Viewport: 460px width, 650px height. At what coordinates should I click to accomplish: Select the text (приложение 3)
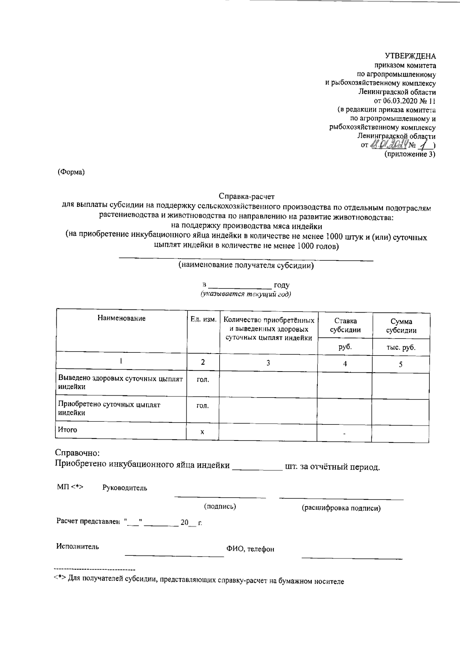tap(410, 154)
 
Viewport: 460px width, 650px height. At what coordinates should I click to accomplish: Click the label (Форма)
tap(71, 172)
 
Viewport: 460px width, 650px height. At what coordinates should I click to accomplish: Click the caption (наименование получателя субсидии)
tap(246, 265)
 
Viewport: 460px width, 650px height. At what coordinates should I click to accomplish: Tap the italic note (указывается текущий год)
tap(245, 294)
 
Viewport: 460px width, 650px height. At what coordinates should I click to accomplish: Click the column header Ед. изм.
tap(203, 319)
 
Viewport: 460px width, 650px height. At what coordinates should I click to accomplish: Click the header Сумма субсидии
tap(401, 326)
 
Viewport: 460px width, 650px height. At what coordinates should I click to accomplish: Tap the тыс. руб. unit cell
tap(401, 348)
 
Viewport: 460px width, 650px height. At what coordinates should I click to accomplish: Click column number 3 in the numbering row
tap(268, 363)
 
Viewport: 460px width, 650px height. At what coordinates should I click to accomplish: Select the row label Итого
tap(67, 430)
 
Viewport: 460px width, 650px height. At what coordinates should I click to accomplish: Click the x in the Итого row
tap(202, 432)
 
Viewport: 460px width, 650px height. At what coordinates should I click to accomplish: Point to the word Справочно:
tap(77, 453)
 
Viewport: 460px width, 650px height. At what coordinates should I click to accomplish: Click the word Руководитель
tap(125, 488)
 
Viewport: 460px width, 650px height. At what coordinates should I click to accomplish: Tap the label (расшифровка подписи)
tap(341, 508)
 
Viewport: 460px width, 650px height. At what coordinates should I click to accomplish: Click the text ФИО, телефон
tap(250, 549)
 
